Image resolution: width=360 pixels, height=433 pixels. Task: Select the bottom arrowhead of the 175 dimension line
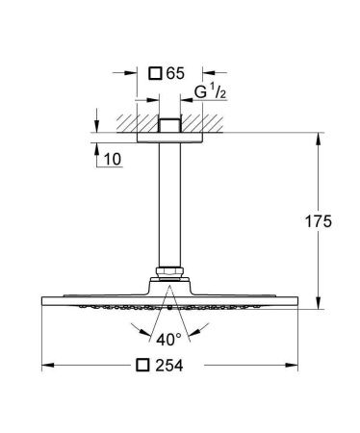coord(318,306)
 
